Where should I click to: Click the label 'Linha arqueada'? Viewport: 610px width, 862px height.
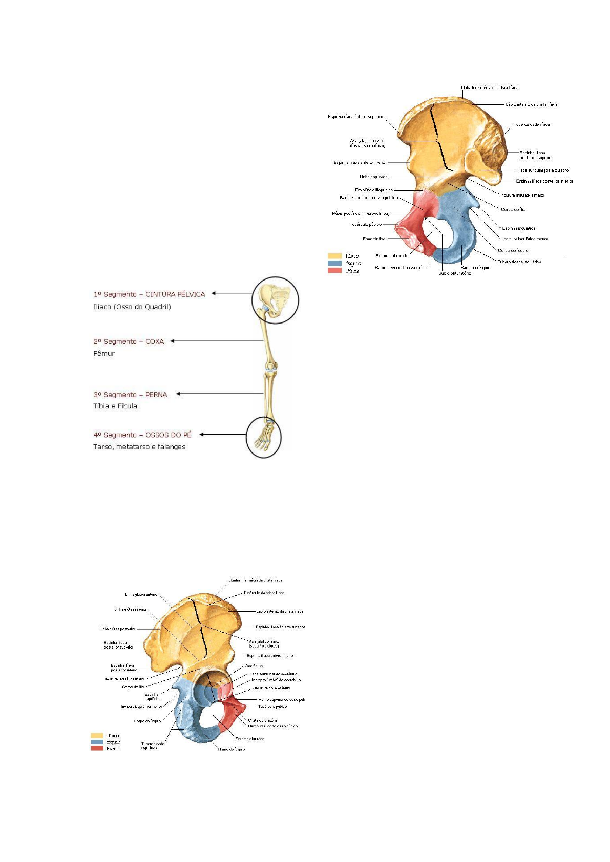coord(373,177)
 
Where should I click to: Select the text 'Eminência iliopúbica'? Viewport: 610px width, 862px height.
coord(374,190)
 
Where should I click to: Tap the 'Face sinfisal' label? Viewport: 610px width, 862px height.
coord(374,239)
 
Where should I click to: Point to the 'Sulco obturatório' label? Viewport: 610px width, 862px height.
coord(455,273)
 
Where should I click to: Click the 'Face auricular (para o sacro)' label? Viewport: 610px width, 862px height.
coord(543,170)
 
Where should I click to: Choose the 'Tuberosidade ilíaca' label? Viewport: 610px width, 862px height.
coord(532,124)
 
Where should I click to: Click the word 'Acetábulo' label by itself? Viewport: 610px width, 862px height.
coord(254,666)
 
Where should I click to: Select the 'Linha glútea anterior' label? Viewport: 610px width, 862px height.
coord(142,595)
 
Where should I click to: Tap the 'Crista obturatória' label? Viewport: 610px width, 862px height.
coord(263,720)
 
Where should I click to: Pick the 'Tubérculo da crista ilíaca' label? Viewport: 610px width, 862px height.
coord(264,593)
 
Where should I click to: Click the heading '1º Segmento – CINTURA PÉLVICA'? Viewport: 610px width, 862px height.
coord(149,294)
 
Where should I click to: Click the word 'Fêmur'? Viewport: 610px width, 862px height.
coord(104,354)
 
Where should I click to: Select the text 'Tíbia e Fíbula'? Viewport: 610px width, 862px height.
coord(115,406)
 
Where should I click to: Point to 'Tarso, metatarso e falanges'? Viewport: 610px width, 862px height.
coord(139,447)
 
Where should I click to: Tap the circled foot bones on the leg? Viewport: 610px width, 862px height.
coord(263,437)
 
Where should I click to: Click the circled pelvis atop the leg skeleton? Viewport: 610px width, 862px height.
coord(275,300)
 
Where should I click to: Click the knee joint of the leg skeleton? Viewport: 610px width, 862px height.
coord(271,367)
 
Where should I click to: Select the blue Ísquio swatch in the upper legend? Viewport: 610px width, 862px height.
coord(334,263)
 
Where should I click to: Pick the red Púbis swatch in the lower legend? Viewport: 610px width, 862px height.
coord(97,748)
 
